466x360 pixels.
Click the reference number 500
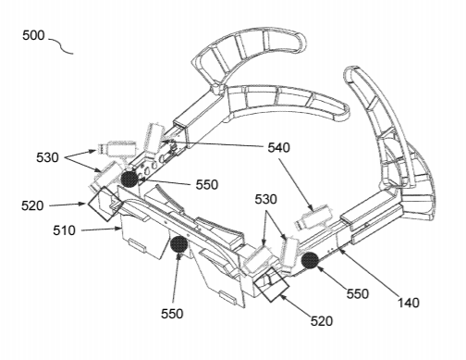coord(33,35)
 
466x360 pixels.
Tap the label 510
coord(64,230)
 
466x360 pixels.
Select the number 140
coord(409,303)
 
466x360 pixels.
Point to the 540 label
coord(278,148)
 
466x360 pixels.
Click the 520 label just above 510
coord(32,205)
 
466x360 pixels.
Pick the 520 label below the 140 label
coord(322,321)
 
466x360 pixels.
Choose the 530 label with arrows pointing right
coord(47,157)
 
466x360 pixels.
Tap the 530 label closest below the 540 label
coord(265,200)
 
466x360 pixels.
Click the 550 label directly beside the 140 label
coord(358,294)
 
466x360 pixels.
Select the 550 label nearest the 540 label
coord(207,185)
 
